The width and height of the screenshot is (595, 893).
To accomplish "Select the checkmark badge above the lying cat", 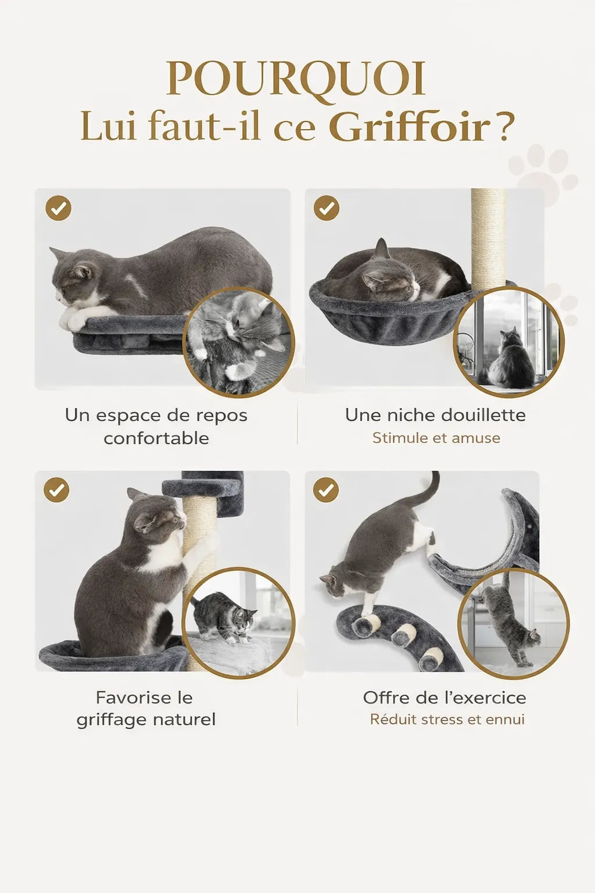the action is click(58, 208).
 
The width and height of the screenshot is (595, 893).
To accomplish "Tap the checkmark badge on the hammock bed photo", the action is click(327, 208).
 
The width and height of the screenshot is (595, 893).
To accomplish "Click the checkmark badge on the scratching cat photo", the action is click(56, 490).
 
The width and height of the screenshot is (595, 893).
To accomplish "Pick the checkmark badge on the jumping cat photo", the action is click(326, 490).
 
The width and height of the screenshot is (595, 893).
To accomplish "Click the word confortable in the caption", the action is click(156, 438).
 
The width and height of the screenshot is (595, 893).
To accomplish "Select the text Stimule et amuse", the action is click(436, 438).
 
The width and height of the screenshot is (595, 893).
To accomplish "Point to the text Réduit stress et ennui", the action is click(447, 720).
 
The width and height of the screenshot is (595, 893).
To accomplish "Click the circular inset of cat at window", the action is click(509, 342).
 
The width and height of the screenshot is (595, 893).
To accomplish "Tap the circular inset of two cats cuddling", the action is click(239, 342).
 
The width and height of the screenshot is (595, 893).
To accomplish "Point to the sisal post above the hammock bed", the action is click(488, 238).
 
